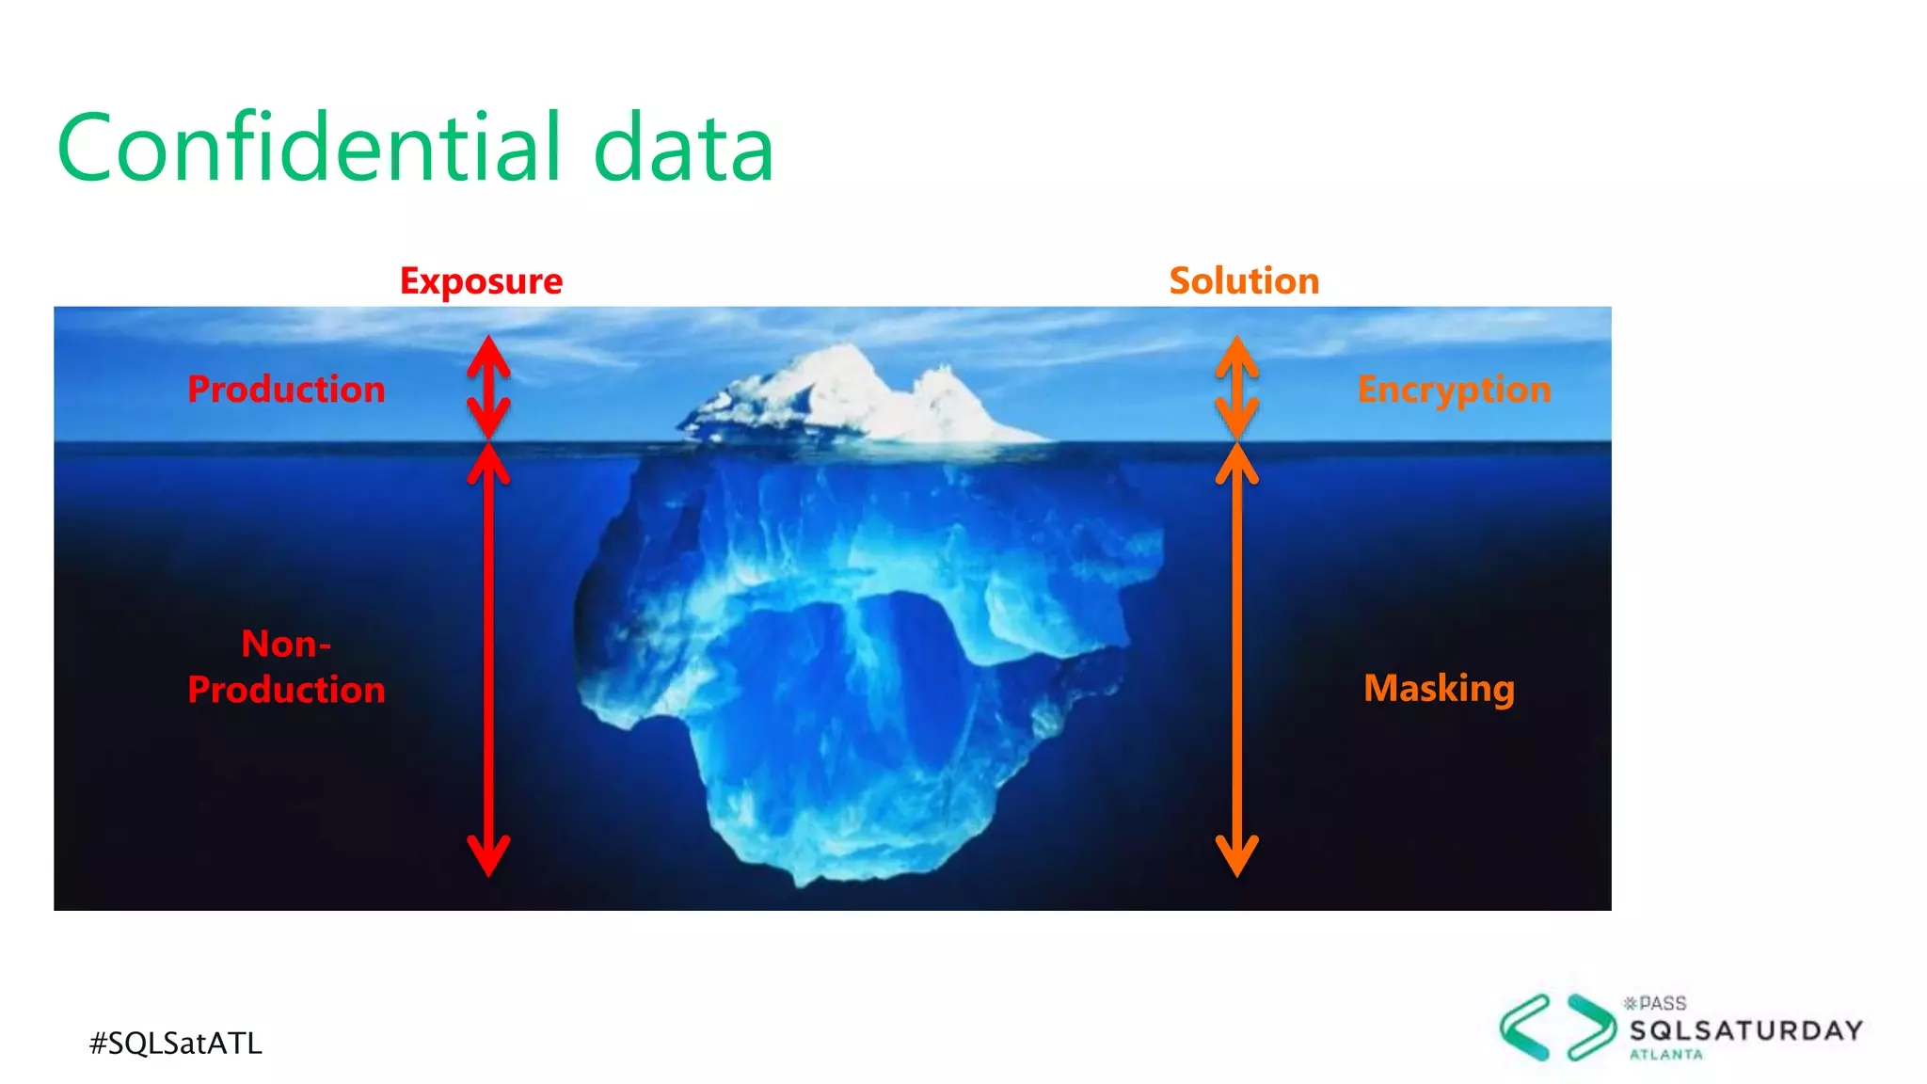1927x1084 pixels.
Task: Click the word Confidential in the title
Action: point(311,148)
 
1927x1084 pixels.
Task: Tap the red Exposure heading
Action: point(481,281)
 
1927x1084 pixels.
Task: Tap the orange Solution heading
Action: point(1244,281)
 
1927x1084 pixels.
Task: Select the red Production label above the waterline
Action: point(286,390)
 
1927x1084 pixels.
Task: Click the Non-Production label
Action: point(286,666)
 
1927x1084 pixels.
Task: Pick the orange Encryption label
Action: point(1454,390)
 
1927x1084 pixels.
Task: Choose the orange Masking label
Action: point(1439,688)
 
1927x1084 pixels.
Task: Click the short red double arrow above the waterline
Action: point(489,387)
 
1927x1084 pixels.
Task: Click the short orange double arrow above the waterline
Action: point(1237,387)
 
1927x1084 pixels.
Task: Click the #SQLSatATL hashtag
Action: point(176,1043)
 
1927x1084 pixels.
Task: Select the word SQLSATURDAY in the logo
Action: point(1746,1030)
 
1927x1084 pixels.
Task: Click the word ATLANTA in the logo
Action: point(1666,1055)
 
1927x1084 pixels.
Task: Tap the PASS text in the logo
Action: point(1663,1003)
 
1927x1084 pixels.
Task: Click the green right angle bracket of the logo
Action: point(1591,1028)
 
